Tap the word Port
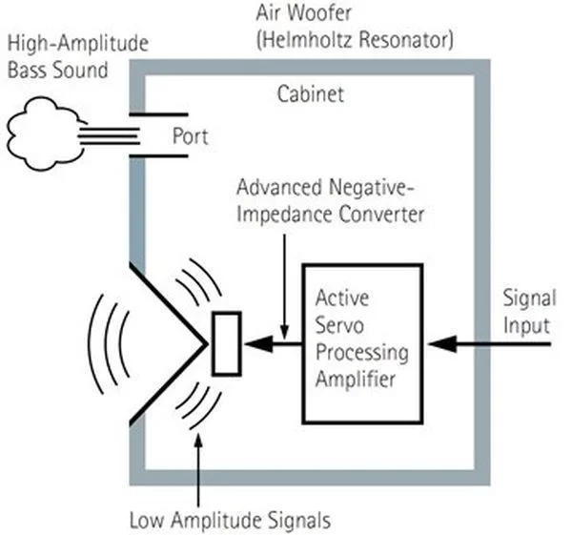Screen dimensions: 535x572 (x=190, y=135)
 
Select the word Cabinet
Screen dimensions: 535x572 (x=310, y=94)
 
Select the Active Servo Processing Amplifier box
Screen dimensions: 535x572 (x=361, y=342)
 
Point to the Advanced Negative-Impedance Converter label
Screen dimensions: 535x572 (x=329, y=201)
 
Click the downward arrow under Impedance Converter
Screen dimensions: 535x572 (x=283, y=277)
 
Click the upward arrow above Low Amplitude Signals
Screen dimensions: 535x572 (x=197, y=467)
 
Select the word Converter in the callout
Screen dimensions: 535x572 (x=382, y=214)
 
